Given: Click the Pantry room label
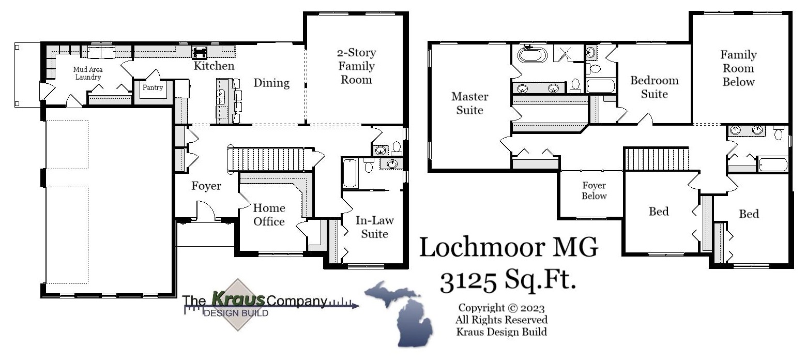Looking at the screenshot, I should coord(153,88).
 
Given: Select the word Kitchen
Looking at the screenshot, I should coord(214,66).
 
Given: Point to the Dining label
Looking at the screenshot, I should coord(271,83).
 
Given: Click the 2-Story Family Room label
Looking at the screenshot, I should coord(356,66).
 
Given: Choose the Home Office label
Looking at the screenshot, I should coord(269,215).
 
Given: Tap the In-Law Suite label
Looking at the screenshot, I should coord(374,227).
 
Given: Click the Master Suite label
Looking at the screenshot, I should coord(469,103).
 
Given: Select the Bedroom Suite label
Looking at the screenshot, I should coord(654,87).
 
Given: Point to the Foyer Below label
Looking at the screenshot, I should coord(594,190).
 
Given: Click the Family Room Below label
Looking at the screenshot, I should coord(738,68).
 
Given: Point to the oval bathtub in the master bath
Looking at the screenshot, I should coord(532,54).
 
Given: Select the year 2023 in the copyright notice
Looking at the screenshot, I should coord(533,309).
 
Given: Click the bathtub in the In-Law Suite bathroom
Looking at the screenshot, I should coord(350,173).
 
